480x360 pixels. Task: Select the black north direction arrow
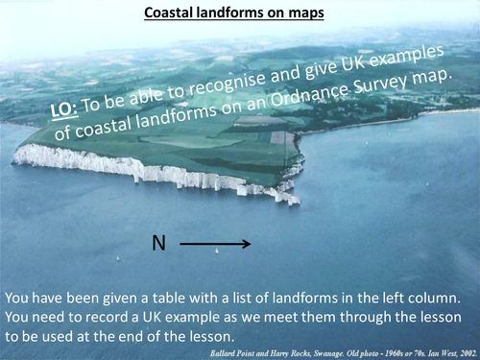point(216,245)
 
